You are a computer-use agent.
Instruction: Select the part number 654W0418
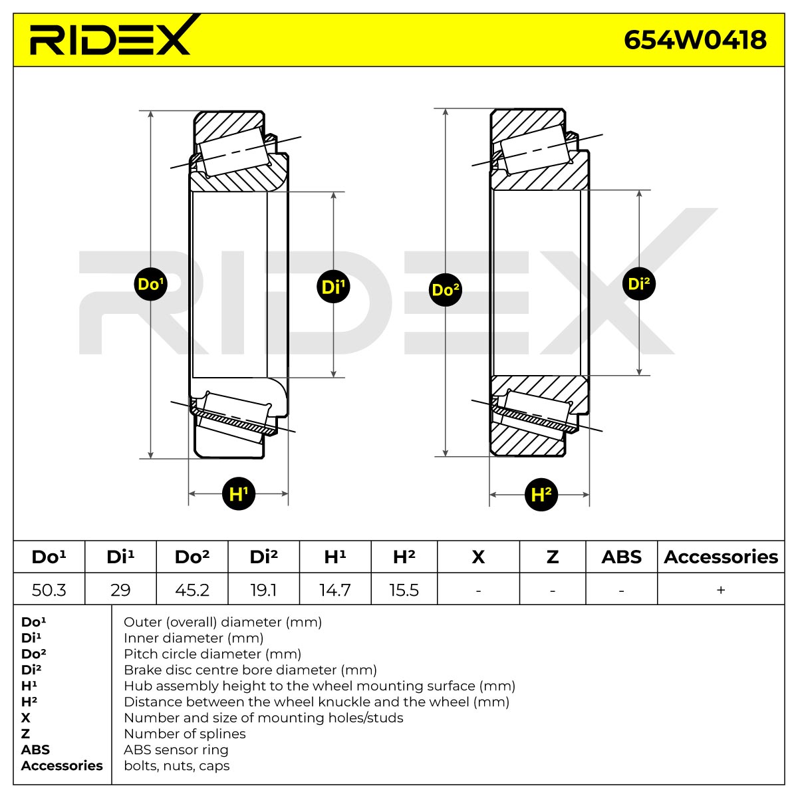click(x=695, y=40)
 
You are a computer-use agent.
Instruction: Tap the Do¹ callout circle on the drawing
click(x=151, y=284)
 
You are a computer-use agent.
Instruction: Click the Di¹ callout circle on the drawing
click(x=333, y=286)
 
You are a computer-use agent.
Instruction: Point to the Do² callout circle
click(x=446, y=289)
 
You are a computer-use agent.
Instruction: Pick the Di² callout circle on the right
click(x=639, y=284)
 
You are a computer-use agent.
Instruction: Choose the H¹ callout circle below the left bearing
click(x=239, y=493)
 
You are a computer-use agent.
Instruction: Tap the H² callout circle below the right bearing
click(x=541, y=495)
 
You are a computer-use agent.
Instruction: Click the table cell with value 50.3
click(x=49, y=590)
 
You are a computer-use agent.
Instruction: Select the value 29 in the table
click(x=120, y=590)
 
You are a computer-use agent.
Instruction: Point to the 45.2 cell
click(x=192, y=590)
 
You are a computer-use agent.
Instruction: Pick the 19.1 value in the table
click(x=263, y=590)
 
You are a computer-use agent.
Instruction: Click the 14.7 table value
click(x=335, y=590)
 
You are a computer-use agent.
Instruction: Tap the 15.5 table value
click(x=404, y=590)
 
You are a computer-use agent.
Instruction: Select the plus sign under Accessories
click(x=721, y=590)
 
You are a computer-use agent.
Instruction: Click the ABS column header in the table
click(x=622, y=557)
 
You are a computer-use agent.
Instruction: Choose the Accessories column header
click(x=721, y=557)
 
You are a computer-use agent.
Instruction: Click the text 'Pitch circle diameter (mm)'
click(x=212, y=654)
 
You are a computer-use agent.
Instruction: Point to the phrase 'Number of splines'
click(x=185, y=733)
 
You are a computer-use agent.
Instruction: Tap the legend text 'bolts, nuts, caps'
click(x=177, y=765)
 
